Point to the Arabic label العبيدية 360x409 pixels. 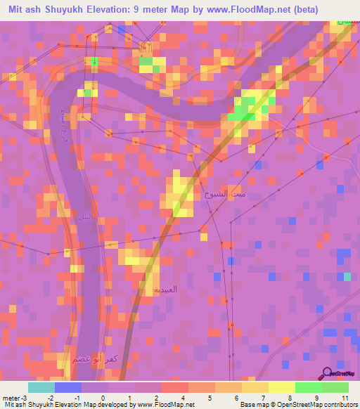(166, 290)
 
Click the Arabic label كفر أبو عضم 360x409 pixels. (92, 358)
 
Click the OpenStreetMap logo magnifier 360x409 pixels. (328, 374)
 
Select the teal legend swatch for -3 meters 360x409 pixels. (41, 387)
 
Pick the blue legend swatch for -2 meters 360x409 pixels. (68, 387)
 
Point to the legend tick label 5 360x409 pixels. (202, 397)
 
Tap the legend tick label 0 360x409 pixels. (103, 397)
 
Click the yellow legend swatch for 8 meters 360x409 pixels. (281, 387)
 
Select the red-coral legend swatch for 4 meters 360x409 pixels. (175, 387)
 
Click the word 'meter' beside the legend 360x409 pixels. (11, 397)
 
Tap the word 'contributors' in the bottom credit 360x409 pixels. (341, 405)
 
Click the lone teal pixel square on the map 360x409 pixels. (347, 276)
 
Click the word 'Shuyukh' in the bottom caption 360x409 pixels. (37, 405)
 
